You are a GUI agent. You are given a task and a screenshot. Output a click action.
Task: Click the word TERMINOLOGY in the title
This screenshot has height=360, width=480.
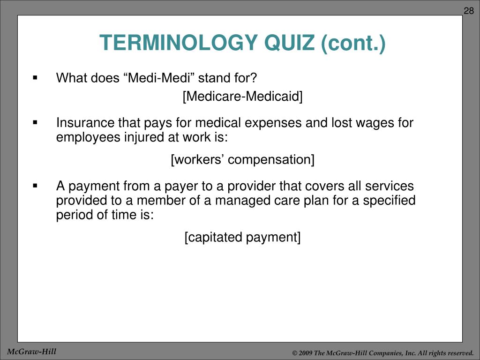click(179, 44)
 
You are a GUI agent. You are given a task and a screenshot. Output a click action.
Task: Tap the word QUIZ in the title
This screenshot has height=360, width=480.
click(290, 44)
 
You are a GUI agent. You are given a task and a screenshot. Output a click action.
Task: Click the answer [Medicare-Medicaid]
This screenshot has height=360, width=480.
click(242, 97)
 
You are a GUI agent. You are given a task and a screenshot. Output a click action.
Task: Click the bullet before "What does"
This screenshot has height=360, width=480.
click(35, 77)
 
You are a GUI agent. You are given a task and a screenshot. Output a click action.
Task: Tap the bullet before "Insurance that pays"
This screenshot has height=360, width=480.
click(35, 123)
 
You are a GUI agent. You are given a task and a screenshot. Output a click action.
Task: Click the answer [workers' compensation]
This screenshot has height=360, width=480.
click(242, 160)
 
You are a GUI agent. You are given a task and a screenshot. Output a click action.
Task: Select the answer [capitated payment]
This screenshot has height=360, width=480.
click(242, 237)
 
